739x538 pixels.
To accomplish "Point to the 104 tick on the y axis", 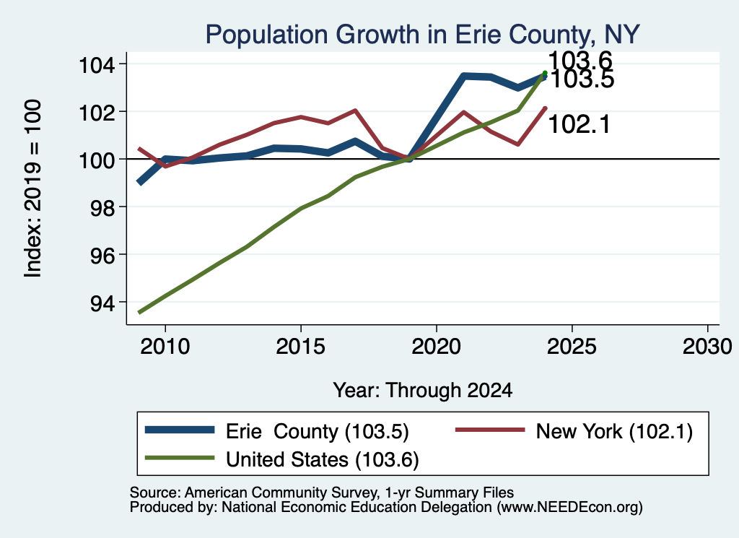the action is [97, 64].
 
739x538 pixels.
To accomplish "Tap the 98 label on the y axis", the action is [102, 207].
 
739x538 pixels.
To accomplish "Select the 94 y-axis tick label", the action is [102, 303].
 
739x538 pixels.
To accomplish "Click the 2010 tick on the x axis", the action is [165, 347].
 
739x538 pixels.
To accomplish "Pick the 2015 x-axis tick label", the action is [301, 347].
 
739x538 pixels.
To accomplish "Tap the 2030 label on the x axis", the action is [707, 347].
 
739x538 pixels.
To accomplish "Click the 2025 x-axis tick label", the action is [572, 347].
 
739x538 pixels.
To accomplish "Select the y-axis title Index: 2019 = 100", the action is [33, 188].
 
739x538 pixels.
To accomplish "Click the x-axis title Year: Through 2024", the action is [423, 391].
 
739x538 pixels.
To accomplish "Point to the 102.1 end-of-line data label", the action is [580, 124].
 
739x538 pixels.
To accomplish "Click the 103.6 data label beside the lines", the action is [580, 61].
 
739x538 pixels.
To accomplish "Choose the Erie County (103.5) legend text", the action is [318, 431].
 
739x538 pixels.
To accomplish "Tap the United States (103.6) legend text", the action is [323, 460].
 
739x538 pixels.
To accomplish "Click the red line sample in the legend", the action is [490, 430].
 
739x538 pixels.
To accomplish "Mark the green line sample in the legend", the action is [180, 458].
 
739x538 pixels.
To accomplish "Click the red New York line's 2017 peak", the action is [355, 110].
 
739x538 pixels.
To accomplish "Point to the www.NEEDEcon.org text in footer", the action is [569, 508].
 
